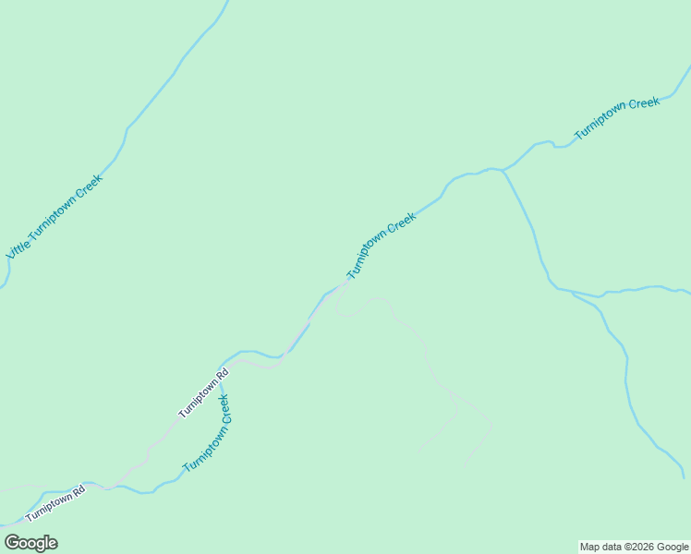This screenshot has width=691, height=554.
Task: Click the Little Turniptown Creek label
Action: (x=54, y=216)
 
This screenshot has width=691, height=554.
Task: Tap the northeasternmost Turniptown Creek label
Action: (x=617, y=118)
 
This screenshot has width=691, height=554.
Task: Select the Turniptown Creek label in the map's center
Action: (x=382, y=247)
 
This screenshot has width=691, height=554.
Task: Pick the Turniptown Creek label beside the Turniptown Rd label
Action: (x=206, y=434)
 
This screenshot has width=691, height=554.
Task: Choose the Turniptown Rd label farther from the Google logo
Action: (x=203, y=394)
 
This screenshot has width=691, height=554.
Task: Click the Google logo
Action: (x=30, y=543)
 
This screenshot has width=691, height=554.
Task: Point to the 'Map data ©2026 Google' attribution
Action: (x=634, y=547)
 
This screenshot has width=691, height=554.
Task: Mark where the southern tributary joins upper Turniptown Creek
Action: (x=503, y=171)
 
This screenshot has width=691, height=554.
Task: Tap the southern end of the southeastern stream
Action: (x=683, y=476)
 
